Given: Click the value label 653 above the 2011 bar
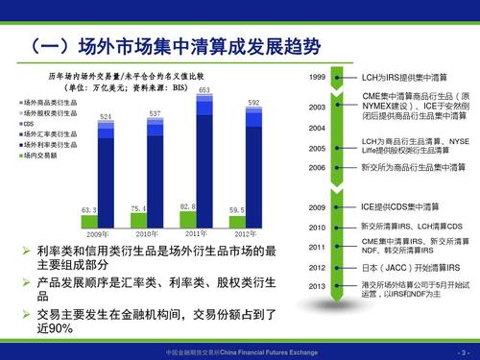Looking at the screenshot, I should click(x=204, y=90).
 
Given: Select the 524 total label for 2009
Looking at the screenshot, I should click(x=106, y=116).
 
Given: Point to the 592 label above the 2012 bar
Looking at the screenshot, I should click(x=253, y=103).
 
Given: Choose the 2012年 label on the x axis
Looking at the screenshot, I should click(x=246, y=233).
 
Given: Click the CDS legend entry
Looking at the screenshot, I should click(x=31, y=124).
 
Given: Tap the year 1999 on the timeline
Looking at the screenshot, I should click(x=317, y=76).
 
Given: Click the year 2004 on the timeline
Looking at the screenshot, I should click(x=317, y=128).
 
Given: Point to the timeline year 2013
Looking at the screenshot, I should click(x=317, y=286).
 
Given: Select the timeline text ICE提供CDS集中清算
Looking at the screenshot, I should click(x=404, y=206).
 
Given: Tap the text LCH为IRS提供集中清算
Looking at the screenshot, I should click(x=404, y=76).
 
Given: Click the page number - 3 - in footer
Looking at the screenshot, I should click(x=464, y=353).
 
